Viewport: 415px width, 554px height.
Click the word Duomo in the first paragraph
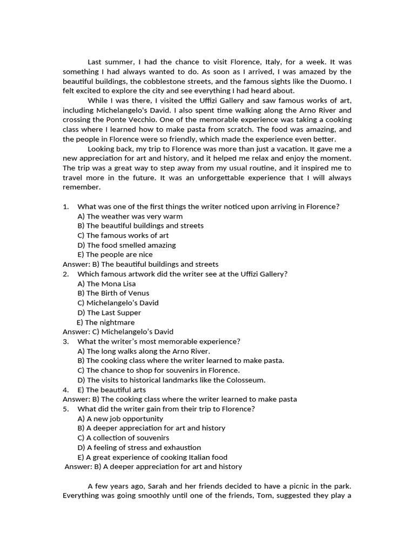tap(333, 81)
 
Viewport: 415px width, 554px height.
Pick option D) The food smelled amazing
tap(126, 245)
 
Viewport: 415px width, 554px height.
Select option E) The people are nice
tap(115, 254)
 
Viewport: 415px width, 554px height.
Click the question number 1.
tap(65, 206)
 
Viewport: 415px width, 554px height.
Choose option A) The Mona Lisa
tap(106, 283)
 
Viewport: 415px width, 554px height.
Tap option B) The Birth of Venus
tap(113, 293)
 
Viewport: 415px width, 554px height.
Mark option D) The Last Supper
tap(109, 313)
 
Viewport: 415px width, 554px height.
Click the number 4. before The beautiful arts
tap(65, 390)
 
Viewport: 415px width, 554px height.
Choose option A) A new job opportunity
tap(120, 418)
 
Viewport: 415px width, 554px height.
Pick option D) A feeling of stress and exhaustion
tap(139, 447)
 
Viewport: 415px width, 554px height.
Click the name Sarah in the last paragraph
tap(154, 486)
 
